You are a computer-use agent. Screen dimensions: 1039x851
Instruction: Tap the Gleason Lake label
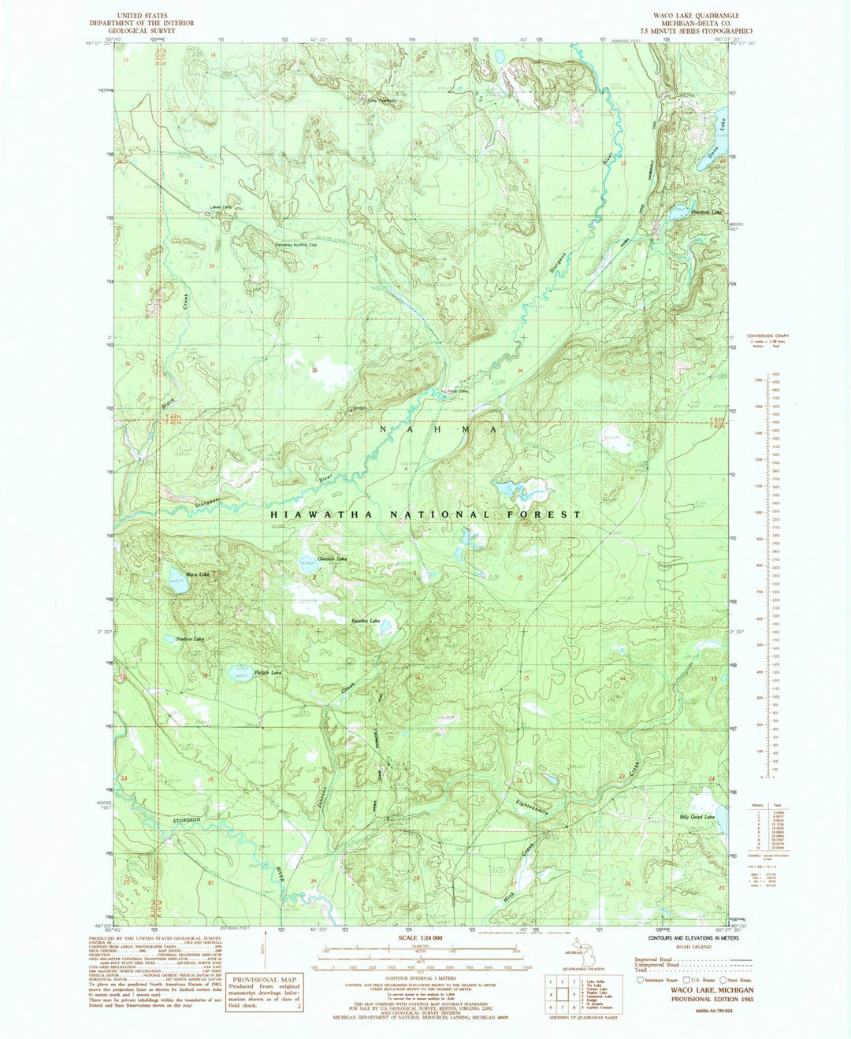coord(332,558)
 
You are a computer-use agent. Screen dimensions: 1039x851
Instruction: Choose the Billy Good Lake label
coord(697,817)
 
